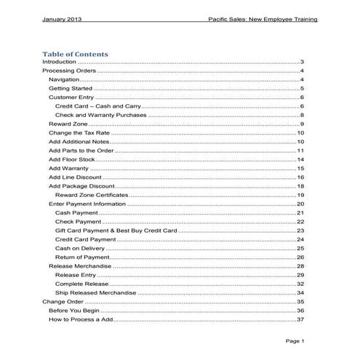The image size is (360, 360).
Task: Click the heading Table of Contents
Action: point(75,54)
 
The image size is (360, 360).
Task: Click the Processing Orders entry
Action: point(69,71)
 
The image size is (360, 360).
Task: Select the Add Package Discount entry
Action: point(81,186)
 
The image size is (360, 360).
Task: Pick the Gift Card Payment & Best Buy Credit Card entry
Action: point(116,231)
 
